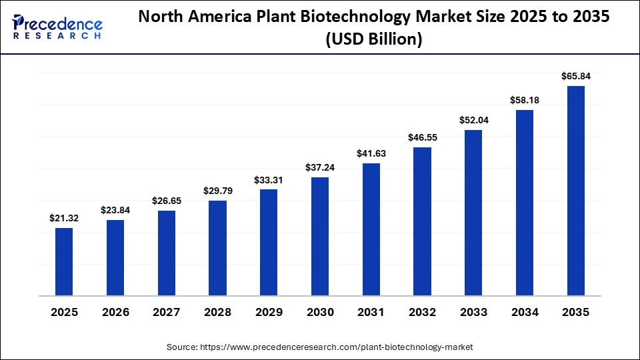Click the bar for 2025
pos(64,261)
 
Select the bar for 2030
pos(320,236)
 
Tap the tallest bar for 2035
pos(576,190)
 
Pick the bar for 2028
pos(217,247)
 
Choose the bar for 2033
pos(473,212)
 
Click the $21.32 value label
pos(64,218)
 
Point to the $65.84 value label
pos(576,76)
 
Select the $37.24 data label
pos(320,167)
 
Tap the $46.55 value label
pos(422,137)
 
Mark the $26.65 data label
pos(166,201)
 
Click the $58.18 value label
pos(525,100)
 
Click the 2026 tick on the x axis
pos(115,312)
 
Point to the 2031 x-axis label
pos(371,312)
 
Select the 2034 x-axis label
pos(525,312)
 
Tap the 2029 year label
pos(269,312)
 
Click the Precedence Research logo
pos(57,27)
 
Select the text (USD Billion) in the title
pos(373,40)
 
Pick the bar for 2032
pos(422,221)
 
